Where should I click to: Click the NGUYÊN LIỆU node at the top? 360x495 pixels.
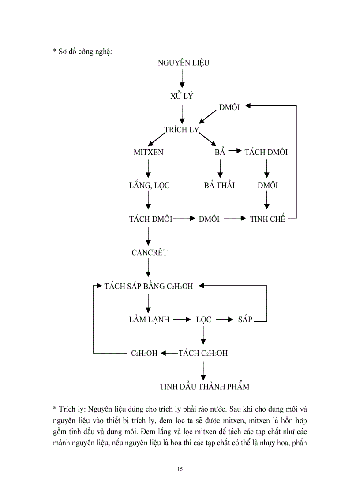pos(184,63)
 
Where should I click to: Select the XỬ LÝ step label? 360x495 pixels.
pos(182,96)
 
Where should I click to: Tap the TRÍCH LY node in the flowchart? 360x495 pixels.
pos(182,130)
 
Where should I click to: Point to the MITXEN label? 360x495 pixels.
pos(148,152)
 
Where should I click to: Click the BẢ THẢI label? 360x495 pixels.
pos(219,185)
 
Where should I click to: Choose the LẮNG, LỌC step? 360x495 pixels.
pos(146,186)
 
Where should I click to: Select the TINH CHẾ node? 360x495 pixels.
pos(268,219)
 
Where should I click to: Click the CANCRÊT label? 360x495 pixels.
pos(149,253)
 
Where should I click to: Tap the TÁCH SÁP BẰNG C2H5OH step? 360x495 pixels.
pos(149,286)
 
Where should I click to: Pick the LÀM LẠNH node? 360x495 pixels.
pos(149,320)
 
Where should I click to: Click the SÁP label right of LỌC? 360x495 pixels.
pos(245,320)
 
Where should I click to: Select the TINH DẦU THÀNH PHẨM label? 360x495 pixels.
pos(204,387)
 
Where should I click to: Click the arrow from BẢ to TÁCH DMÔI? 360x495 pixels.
pos(235,152)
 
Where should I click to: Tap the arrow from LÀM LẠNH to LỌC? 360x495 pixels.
pos(182,320)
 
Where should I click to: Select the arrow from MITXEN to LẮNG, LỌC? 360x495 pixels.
pos(148,169)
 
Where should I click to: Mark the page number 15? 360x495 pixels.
pos(180,469)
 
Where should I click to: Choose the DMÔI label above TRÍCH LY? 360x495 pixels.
pos(229,107)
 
